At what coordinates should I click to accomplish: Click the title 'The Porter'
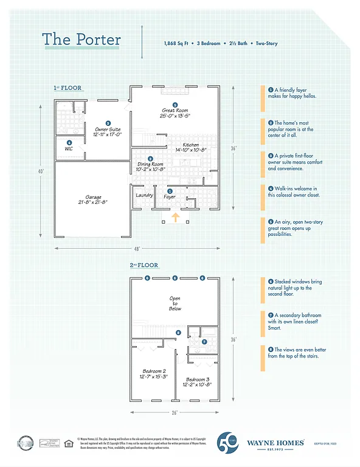click(81, 40)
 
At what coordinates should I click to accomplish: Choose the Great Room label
click(175, 112)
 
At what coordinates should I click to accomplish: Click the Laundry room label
click(144, 195)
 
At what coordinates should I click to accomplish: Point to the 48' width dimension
click(137, 249)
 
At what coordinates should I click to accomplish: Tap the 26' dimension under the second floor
click(175, 412)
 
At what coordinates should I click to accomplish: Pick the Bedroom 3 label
click(197, 382)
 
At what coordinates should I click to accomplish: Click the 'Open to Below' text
click(175, 304)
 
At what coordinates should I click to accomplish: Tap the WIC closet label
click(69, 149)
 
